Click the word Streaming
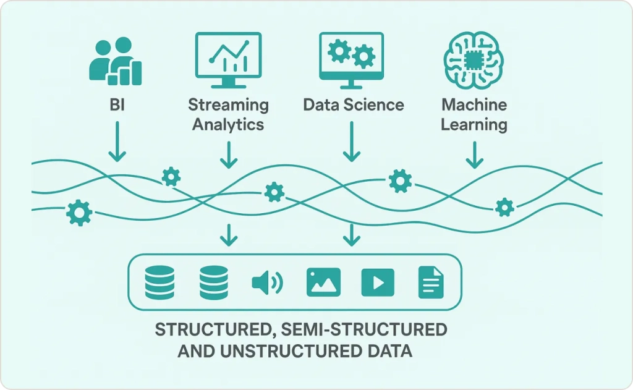click(229, 104)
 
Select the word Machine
click(474, 104)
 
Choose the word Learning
click(474, 124)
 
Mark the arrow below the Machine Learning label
click(474, 155)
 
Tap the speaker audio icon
click(267, 282)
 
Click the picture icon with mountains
click(323, 282)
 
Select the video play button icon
click(377, 282)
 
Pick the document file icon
click(431, 282)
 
